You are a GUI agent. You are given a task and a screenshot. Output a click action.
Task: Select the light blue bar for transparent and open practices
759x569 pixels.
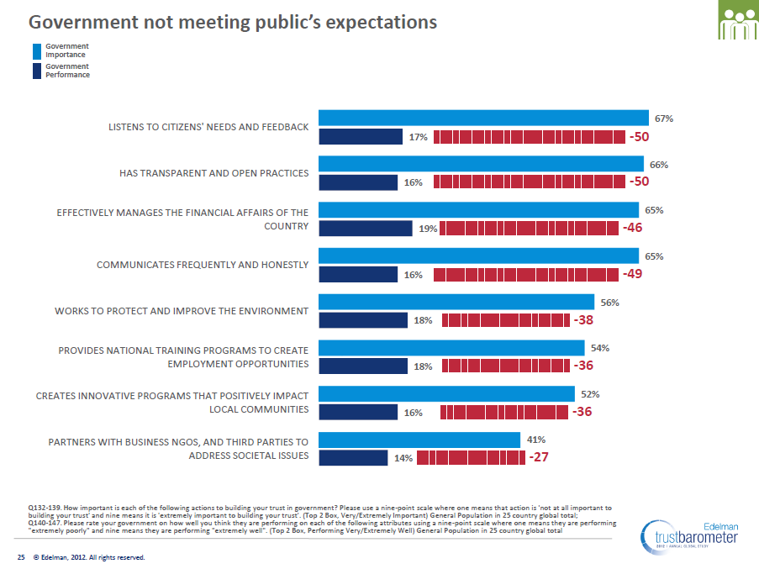coord(481,164)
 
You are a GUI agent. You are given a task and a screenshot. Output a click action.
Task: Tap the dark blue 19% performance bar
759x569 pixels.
coord(366,228)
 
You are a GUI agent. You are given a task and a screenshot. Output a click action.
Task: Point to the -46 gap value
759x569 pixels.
coord(633,228)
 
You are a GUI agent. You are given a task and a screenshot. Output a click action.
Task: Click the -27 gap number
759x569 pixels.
coord(539,457)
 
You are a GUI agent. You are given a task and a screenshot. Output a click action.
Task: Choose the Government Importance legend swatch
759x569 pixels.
coord(36,50)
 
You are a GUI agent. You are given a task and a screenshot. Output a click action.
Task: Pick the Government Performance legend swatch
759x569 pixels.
coord(36,71)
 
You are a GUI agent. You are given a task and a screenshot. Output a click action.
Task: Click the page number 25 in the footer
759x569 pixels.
coord(22,557)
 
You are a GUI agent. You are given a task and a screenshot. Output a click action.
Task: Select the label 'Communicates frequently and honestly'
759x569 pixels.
coord(203,265)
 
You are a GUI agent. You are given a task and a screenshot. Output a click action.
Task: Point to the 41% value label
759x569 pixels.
coord(535,439)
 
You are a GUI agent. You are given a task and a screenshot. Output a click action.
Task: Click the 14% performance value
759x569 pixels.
coord(403,458)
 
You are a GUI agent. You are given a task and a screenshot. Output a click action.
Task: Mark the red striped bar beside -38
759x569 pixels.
coord(504,319)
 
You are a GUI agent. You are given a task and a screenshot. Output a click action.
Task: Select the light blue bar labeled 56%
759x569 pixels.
coord(456,302)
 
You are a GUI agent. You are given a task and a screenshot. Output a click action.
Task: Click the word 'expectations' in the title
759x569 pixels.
coord(378,22)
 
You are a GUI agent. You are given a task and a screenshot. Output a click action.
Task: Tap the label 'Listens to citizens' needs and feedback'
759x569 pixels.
coord(208,127)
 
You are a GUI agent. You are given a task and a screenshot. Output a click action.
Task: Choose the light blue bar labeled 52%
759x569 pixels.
coord(446,393)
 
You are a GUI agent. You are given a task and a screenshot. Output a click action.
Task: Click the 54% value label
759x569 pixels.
coord(599,347)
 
